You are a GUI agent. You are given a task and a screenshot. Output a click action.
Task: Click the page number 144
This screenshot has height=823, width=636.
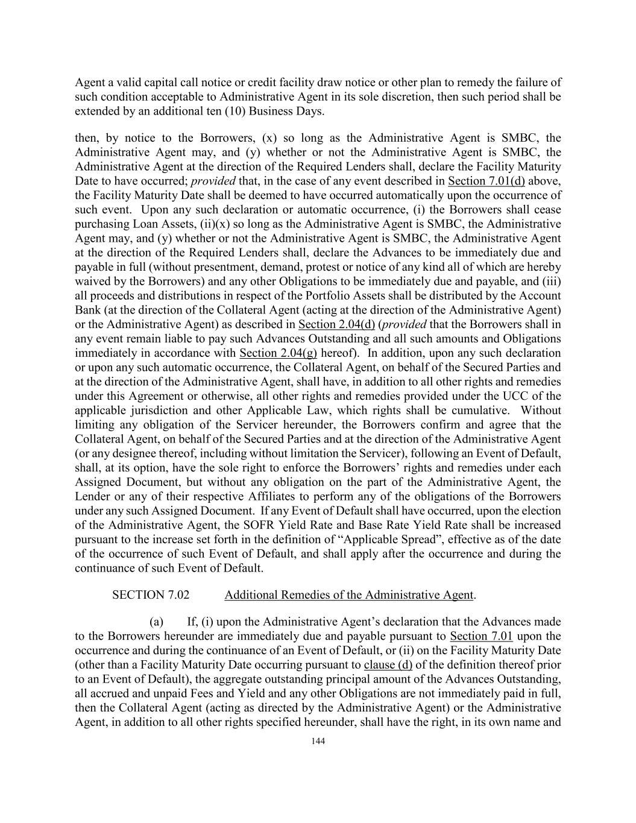(318, 741)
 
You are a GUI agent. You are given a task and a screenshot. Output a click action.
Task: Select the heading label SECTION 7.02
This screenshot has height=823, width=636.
(151, 595)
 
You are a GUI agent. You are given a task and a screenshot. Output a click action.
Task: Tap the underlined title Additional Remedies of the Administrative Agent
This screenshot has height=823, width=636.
(349, 595)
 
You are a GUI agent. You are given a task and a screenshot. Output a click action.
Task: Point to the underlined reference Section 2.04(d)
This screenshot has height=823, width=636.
(336, 324)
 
